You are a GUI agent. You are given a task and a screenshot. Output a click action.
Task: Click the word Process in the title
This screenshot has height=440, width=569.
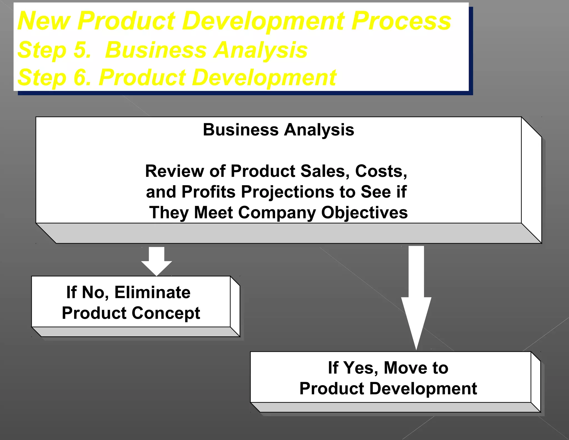tap(401, 21)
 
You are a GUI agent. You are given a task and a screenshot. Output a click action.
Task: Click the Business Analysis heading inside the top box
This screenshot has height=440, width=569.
tap(278, 130)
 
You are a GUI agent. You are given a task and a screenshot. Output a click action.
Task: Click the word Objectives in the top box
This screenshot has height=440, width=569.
tap(364, 213)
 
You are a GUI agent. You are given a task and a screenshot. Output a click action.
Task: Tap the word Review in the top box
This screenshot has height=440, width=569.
tap(174, 171)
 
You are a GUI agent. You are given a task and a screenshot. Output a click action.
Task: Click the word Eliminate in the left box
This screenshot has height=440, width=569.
tap(153, 293)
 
